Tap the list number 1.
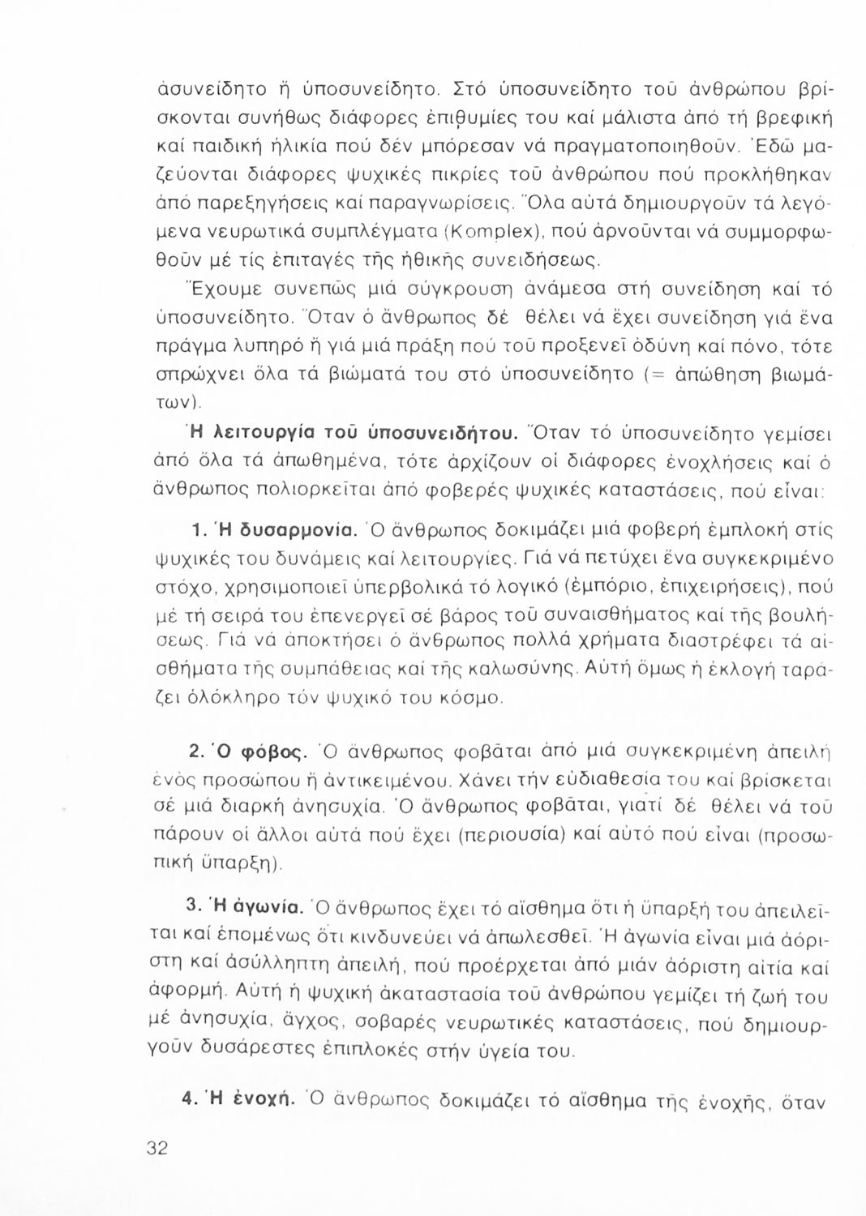point(194,533)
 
